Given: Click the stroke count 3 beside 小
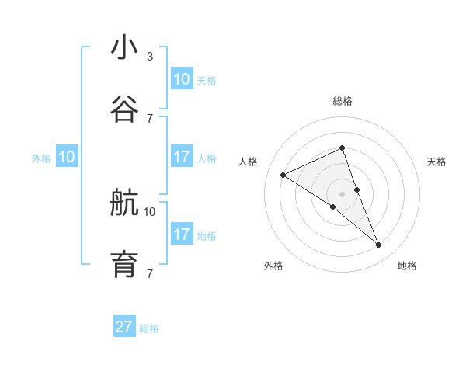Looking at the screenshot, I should pyautogui.click(x=150, y=56).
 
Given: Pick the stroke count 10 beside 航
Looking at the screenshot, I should pyautogui.click(x=150, y=211).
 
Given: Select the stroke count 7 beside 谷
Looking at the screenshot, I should pyautogui.click(x=150, y=118).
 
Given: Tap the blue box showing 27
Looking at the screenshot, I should pyautogui.click(x=124, y=327).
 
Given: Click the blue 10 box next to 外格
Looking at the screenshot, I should pyautogui.click(x=67, y=157).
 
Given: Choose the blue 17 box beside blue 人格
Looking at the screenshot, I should pyautogui.click(x=182, y=157).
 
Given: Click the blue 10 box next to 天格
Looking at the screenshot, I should pyautogui.click(x=182, y=79).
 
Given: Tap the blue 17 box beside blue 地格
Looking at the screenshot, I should pyautogui.click(x=182, y=235).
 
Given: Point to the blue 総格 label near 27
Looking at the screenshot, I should pyautogui.click(x=149, y=328).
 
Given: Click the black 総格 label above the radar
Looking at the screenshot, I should pyautogui.click(x=343, y=102).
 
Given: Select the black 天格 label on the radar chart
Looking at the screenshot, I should pyautogui.click(x=436, y=162).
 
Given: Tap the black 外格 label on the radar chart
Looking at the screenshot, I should pyautogui.click(x=273, y=266).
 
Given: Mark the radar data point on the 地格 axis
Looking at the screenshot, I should pyautogui.click(x=379, y=245).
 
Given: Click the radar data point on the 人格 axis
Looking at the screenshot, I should pyautogui.click(x=283, y=175).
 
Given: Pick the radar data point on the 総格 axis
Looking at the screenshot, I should pyautogui.click(x=343, y=148).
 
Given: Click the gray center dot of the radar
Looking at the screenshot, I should pyautogui.click(x=343, y=194).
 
